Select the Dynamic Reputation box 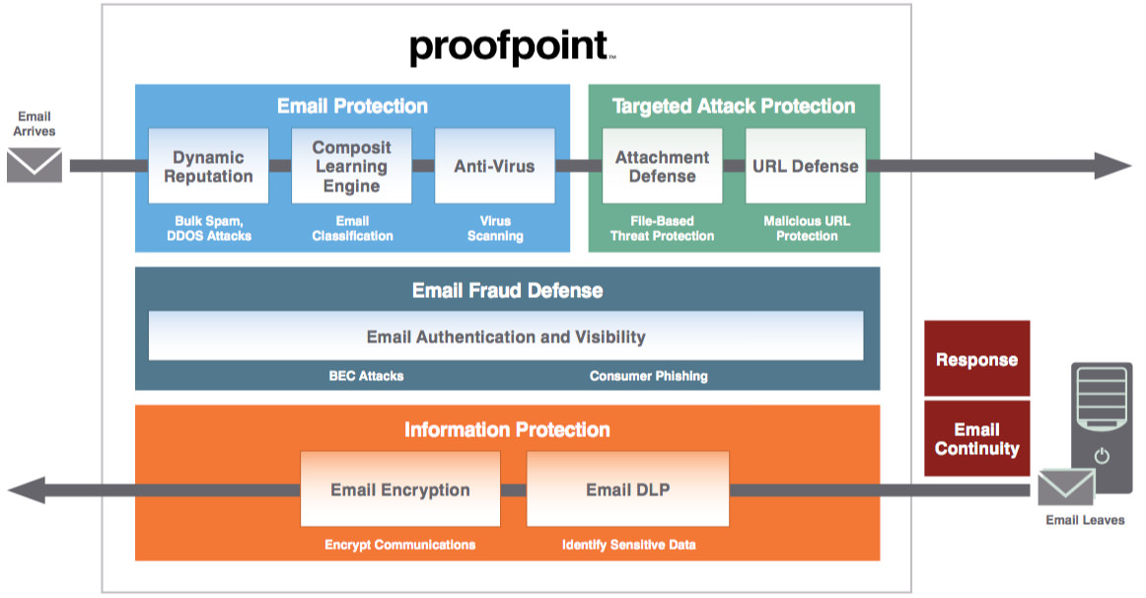(208, 166)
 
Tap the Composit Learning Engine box (351, 166)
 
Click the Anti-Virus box (494, 166)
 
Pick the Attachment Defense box (662, 166)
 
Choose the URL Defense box (805, 166)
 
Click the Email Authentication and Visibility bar (506, 336)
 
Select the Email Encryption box (399, 489)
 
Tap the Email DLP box (627, 489)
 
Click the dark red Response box (976, 359)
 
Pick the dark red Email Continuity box (976, 439)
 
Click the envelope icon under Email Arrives (35, 165)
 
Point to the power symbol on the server (1102, 457)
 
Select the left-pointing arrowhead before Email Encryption (27, 489)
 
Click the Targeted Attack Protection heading (734, 106)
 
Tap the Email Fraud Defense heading (507, 290)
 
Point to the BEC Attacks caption (366, 376)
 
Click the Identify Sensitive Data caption (628, 545)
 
